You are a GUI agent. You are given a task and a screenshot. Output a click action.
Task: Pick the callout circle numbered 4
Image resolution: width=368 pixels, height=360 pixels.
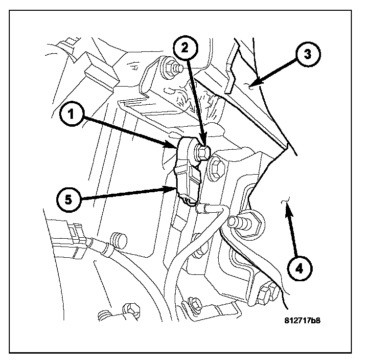click(299, 268)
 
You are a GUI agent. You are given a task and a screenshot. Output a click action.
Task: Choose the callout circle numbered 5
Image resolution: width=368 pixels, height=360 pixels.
click(67, 200)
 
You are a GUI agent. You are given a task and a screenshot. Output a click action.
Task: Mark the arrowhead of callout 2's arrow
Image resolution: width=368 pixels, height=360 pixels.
click(204, 143)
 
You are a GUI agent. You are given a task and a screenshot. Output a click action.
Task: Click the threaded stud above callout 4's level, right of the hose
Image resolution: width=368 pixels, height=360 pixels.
click(245, 223)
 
